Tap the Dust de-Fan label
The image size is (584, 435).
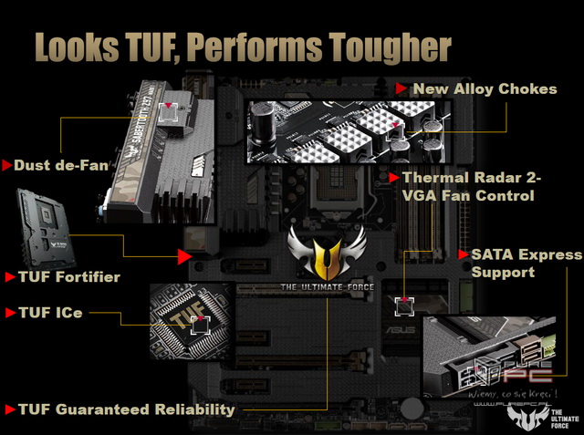click(60, 166)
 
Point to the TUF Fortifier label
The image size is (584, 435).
click(69, 276)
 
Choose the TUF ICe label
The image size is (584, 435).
click(56, 313)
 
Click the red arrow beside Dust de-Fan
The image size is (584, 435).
click(8, 166)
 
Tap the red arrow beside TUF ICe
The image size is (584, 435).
click(9, 313)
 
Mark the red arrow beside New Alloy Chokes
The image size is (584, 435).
click(402, 89)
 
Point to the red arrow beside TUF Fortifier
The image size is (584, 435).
click(9, 276)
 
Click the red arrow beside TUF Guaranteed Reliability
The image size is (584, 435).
click(9, 409)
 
